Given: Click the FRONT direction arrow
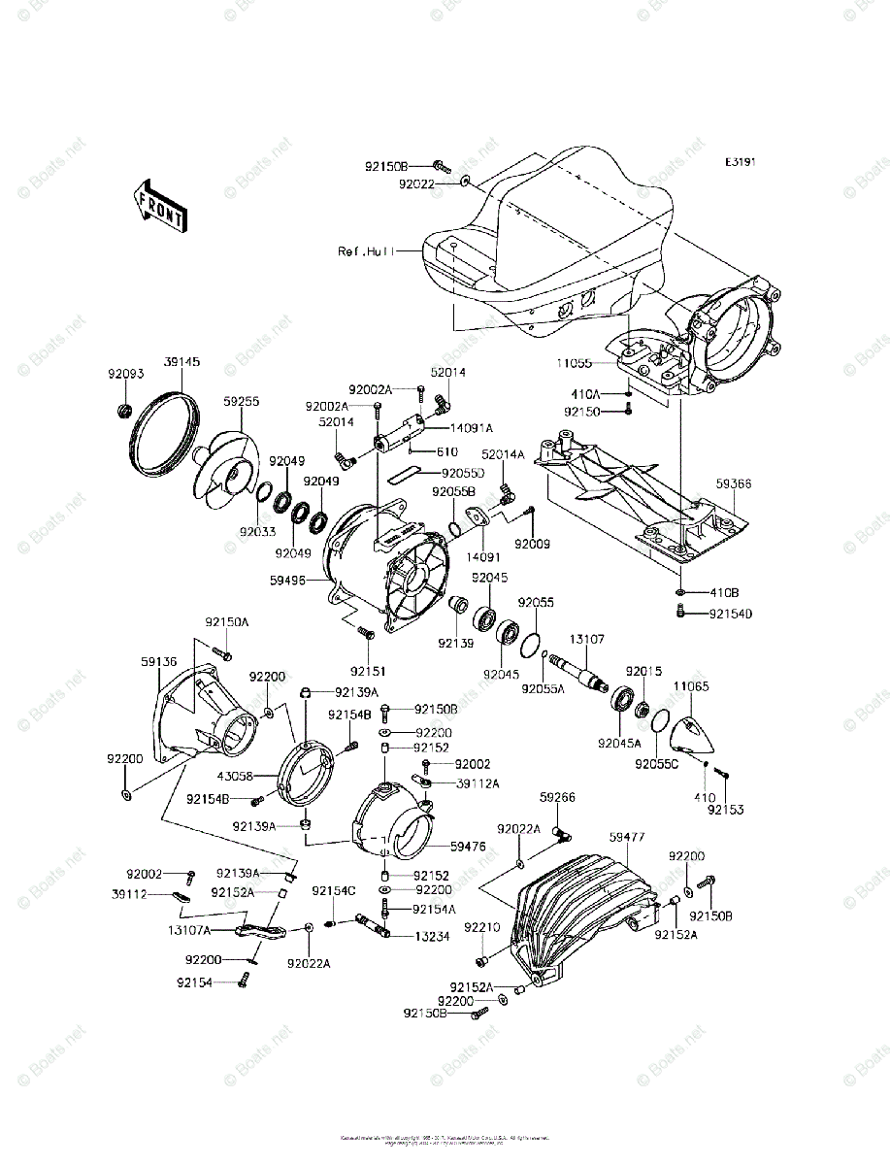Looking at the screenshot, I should pos(160,207).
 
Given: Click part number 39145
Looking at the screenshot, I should pos(181,362).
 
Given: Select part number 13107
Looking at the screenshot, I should pos(586,639).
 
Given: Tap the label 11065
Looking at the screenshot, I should pos(691,685).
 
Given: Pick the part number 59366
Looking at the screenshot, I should pos(734,483).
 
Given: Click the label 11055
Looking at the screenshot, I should pos(574,363).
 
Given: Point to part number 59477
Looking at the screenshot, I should pos(628,836).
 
